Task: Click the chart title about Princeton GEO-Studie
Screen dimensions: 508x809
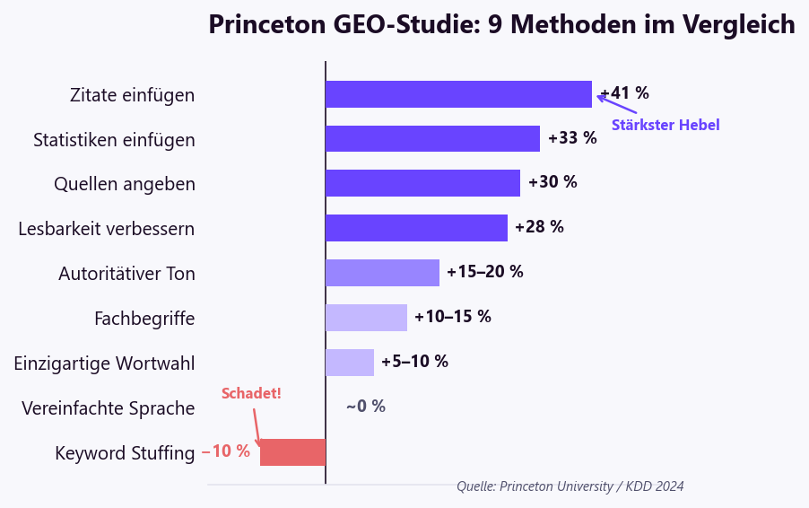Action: [x=501, y=24]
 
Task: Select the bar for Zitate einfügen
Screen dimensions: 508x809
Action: [x=458, y=94]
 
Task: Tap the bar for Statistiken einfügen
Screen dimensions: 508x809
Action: [x=432, y=138]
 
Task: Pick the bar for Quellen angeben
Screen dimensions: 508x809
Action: [x=422, y=183]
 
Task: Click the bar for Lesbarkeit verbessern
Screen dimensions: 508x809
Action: [x=416, y=228]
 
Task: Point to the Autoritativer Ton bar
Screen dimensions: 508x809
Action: [x=382, y=273]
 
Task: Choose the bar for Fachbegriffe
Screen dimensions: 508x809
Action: [x=366, y=318]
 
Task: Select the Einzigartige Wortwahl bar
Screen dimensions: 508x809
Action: [x=350, y=363]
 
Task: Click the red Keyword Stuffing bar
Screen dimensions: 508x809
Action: [x=292, y=452]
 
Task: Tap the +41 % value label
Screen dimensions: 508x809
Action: [x=625, y=93]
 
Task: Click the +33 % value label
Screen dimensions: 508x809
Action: [x=572, y=138]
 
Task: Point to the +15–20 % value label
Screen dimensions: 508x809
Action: [x=485, y=272]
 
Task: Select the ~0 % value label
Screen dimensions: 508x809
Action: [x=366, y=407]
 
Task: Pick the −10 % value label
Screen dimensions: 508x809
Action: [x=226, y=451]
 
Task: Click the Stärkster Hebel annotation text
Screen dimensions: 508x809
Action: [x=665, y=126]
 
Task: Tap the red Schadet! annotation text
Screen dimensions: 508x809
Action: [x=251, y=394]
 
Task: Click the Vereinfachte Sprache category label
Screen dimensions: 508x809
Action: [x=109, y=408]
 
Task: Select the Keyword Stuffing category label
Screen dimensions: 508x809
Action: [x=125, y=453]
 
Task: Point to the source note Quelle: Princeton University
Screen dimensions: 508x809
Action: [x=570, y=486]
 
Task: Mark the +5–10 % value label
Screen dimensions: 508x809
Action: [x=414, y=362]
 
